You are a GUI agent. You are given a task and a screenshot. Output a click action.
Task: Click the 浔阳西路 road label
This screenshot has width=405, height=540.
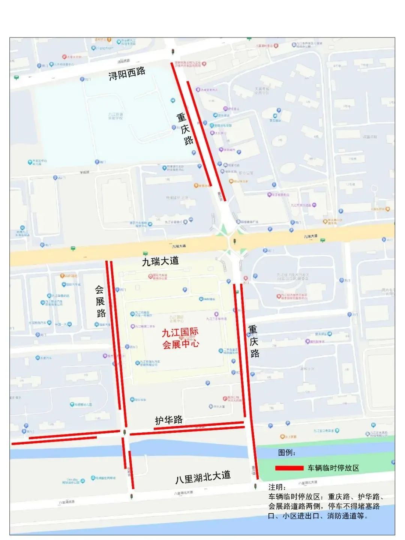[x=127, y=73]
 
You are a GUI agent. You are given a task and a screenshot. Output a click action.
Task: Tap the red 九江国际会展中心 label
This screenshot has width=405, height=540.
[x=180, y=338]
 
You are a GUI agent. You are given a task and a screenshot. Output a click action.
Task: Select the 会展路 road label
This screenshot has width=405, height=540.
[x=100, y=301]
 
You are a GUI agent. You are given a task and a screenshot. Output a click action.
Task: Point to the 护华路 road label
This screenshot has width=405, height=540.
[x=169, y=420]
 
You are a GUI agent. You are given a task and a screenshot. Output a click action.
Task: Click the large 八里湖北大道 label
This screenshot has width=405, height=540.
[x=203, y=477]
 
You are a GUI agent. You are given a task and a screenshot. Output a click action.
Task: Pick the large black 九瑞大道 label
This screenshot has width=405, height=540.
[x=160, y=261]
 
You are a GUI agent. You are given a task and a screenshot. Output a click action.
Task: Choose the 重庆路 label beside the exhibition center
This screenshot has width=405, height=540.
[x=254, y=341]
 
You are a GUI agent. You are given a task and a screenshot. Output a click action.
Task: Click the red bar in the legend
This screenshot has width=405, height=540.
[x=289, y=468]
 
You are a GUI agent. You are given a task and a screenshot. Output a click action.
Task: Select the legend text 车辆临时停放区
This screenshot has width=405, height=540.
[x=333, y=468]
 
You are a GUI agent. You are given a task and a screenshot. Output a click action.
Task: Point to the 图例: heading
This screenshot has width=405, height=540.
[x=287, y=453]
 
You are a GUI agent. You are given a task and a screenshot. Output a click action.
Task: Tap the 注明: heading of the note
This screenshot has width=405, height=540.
[x=277, y=487]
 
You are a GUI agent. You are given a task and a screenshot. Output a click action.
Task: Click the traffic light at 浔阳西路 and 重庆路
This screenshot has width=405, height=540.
[x=173, y=51]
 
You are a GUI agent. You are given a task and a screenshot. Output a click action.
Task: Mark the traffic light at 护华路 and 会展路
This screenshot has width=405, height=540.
[x=124, y=432]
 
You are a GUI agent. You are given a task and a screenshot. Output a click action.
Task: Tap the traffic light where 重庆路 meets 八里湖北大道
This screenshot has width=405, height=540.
[x=256, y=487]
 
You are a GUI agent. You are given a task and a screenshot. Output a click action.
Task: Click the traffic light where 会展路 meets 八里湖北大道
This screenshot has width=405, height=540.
[x=131, y=496]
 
